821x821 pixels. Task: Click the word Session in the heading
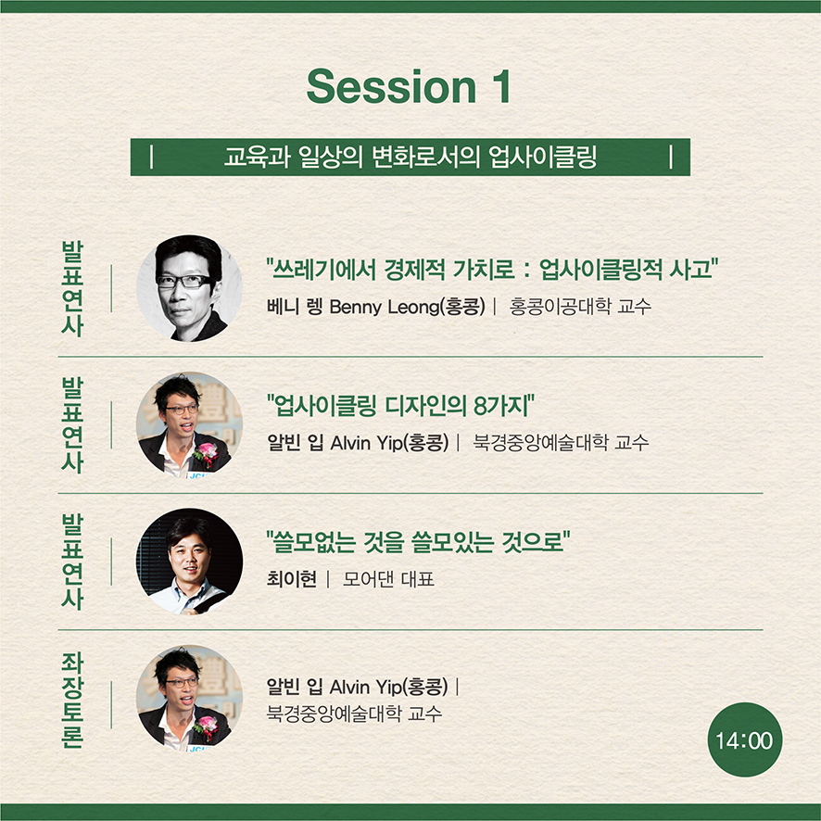pos(391,86)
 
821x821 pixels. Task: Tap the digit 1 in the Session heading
pos(501,86)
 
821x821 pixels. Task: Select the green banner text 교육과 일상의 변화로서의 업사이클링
pos(410,158)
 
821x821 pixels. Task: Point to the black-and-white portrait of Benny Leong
pos(189,288)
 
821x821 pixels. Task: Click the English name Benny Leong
pos(385,307)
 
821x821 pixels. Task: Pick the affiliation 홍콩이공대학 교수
pos(580,307)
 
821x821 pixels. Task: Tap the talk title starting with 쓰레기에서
pos(492,270)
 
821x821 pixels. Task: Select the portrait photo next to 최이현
pos(189,562)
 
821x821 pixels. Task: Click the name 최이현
pos(292,579)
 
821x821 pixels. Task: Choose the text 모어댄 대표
pos(388,579)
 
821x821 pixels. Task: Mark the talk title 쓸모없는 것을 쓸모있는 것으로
pos(418,542)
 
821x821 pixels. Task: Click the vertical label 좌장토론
pos(73,700)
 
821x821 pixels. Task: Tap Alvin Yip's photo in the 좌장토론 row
pos(189,699)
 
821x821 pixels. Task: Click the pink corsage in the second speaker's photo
pos(206,453)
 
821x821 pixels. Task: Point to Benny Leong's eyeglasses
pos(184,282)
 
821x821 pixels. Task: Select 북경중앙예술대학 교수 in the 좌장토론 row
pos(354,714)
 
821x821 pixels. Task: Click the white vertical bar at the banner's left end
pos(151,158)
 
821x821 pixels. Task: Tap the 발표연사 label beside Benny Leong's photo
pos(73,288)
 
